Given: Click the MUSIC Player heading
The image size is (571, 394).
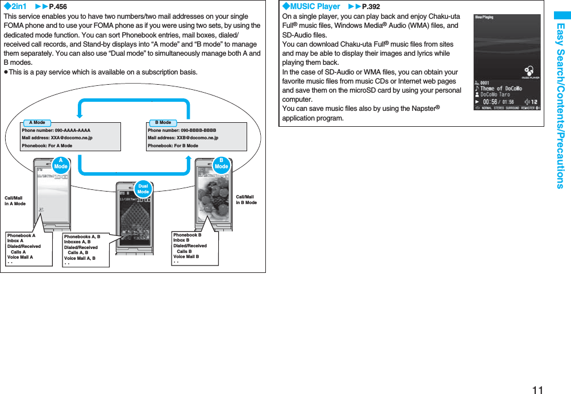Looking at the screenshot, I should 311,6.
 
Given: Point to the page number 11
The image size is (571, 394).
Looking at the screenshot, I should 537,389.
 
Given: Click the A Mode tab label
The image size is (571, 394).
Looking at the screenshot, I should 37,122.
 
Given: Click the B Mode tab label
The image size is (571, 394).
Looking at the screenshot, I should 163,122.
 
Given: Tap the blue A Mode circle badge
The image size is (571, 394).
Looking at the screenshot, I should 61,164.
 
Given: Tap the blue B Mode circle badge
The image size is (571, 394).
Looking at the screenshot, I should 222,164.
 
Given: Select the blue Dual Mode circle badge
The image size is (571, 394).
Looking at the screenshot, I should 143,189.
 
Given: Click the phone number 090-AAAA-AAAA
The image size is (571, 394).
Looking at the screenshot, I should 56,130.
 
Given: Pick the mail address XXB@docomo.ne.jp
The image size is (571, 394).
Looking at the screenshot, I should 182,138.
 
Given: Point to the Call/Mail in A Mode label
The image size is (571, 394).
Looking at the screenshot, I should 15,201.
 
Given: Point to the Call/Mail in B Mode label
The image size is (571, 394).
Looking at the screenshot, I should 246,200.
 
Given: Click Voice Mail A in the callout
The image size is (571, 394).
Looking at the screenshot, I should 20,257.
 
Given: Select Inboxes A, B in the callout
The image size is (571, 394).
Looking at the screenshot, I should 77,242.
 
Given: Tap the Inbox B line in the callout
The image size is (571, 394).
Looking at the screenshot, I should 181,240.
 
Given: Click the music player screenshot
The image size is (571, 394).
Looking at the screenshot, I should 506,62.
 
